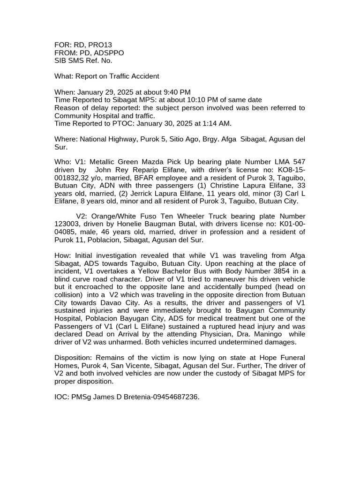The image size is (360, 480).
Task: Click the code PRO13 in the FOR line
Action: pos(97,45)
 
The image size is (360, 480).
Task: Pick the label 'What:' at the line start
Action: pos(64,76)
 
